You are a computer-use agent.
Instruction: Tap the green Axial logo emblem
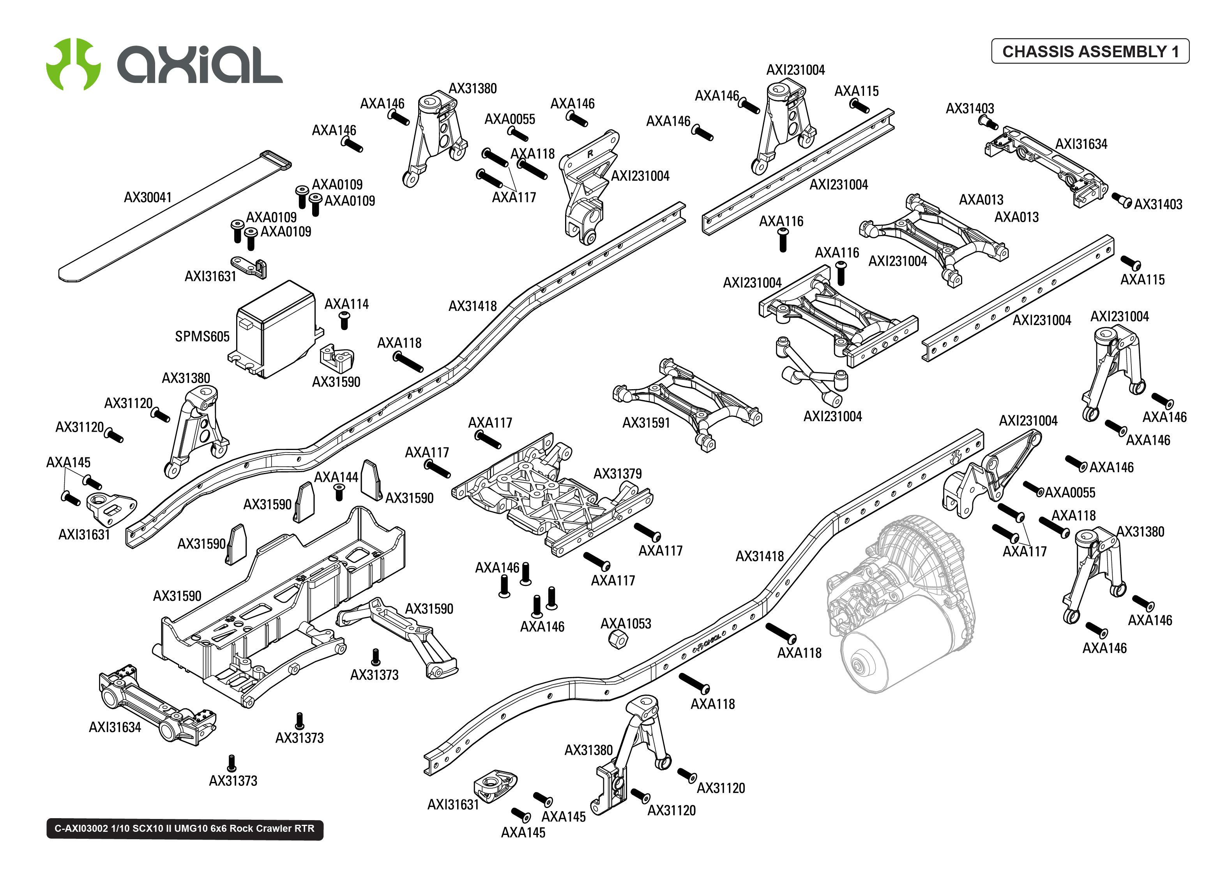tap(73, 64)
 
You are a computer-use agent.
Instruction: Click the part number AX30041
tap(147, 198)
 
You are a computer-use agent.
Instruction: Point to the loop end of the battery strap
tap(276, 160)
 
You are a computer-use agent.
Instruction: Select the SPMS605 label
tap(202, 337)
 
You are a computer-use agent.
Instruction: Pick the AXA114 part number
tap(346, 304)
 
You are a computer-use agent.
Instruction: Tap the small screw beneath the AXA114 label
tap(344, 320)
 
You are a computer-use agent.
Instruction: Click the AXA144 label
tap(336, 477)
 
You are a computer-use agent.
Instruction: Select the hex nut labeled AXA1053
tap(618, 640)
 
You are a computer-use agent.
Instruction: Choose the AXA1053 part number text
tap(625, 624)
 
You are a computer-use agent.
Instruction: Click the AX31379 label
tap(617, 474)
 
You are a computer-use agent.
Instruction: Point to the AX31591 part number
tap(646, 423)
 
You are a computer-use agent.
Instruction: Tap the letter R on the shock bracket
tap(590, 154)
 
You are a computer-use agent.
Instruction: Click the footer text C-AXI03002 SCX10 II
tap(184, 828)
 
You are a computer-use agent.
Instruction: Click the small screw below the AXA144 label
tap(339, 492)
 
